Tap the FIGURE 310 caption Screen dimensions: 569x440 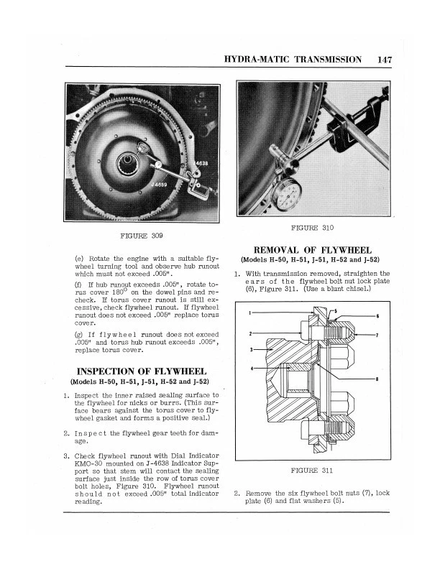pos(313,228)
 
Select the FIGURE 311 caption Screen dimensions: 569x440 pos(313,472)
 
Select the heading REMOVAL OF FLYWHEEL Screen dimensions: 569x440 pos(313,249)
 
